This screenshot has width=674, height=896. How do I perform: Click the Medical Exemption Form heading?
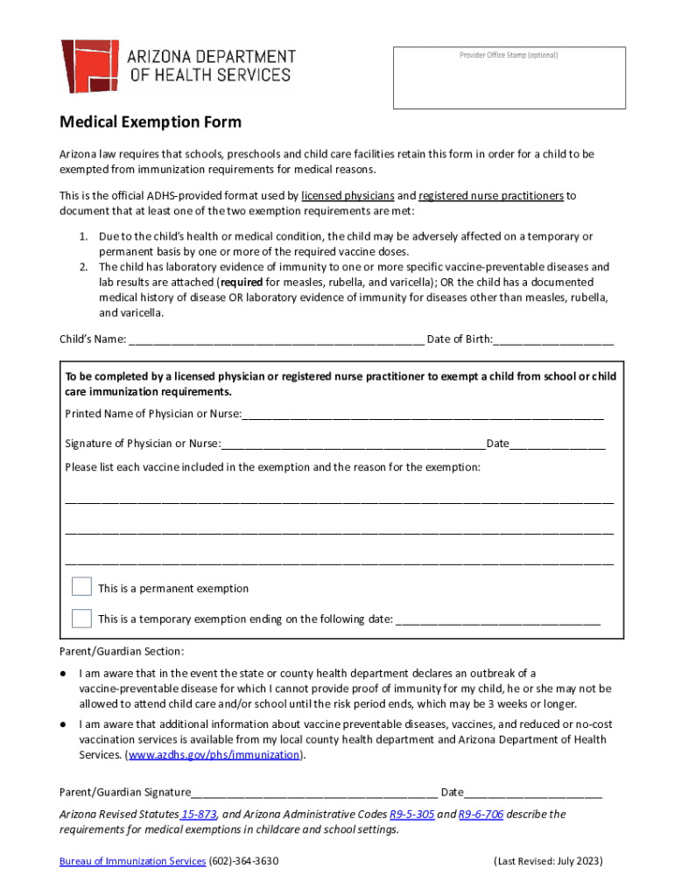150,122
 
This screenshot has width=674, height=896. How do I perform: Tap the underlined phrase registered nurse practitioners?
491,196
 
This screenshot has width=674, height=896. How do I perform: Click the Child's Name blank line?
276,340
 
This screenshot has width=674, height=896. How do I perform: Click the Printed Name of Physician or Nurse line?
423,415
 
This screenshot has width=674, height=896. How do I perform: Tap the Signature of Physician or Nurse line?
353,444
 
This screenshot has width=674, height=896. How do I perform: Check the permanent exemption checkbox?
81,587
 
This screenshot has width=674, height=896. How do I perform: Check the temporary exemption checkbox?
81,619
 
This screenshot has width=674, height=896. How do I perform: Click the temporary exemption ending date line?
498,620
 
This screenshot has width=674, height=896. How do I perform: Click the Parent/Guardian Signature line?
314,794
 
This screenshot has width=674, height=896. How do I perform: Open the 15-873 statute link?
200,815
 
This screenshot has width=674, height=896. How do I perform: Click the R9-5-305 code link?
411,815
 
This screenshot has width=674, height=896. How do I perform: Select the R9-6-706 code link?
481,815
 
